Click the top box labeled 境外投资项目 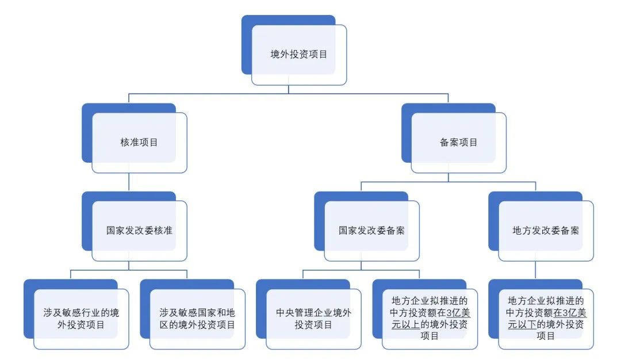[x=298, y=55]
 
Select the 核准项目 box [x=139, y=142]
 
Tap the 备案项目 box [x=458, y=142]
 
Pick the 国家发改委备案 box [x=371, y=231]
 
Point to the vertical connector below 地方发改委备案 [x=535, y=270]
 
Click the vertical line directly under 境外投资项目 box [x=289, y=89]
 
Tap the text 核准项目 [x=139, y=142]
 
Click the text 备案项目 [x=458, y=142]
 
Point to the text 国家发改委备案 [x=371, y=231]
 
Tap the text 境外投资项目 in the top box [x=298, y=55]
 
